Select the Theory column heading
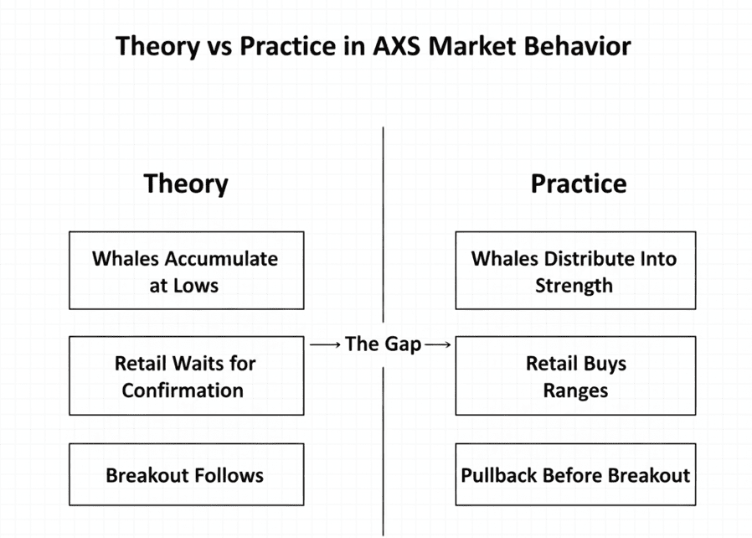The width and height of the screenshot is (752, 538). pyautogui.click(x=186, y=183)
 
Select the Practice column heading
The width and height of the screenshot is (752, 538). pyautogui.click(x=578, y=183)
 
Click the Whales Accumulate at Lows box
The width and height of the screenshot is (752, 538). pyautogui.click(x=186, y=271)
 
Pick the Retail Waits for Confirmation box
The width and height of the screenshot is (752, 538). pyautogui.click(x=186, y=376)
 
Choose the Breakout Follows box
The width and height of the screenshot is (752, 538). pyautogui.click(x=186, y=475)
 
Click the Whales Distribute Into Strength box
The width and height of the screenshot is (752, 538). pyautogui.click(x=575, y=271)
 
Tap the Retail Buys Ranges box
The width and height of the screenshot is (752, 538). pyautogui.click(x=575, y=376)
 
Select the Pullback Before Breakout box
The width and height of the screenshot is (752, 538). pyautogui.click(x=575, y=475)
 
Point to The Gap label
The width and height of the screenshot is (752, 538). pyautogui.click(x=383, y=344)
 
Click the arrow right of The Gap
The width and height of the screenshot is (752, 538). pyautogui.click(x=438, y=344)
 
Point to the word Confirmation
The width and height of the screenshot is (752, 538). pyautogui.click(x=183, y=391)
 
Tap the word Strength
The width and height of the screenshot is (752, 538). pyautogui.click(x=574, y=285)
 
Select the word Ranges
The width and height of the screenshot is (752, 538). pyautogui.click(x=575, y=391)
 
